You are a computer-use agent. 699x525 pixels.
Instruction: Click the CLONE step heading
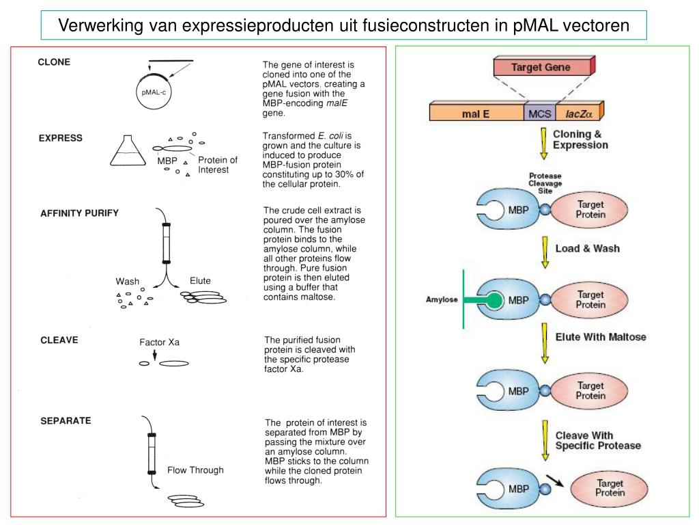pos(54,62)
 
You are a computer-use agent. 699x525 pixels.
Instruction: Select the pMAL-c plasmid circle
pos(154,92)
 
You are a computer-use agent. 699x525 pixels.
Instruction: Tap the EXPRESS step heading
pos(60,138)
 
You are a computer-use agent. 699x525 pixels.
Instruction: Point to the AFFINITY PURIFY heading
pos(79,213)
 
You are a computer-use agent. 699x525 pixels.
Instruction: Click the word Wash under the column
pos(127,282)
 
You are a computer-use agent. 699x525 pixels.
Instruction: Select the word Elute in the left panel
pos(200,281)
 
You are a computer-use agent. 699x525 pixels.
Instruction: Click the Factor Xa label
pos(159,342)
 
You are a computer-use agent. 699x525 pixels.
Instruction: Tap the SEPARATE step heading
pos(66,420)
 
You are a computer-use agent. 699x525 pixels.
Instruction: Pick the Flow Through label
pos(195,470)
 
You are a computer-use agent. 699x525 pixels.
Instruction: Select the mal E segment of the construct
pos(476,113)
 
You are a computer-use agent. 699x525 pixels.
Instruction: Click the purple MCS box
pos(539,113)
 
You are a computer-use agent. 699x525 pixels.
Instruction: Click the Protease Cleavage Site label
pos(545,183)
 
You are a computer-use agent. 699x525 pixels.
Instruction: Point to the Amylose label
pos(442,299)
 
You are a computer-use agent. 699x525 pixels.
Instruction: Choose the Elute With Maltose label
pos(600,337)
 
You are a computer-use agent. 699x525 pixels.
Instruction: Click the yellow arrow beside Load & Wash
pos(545,252)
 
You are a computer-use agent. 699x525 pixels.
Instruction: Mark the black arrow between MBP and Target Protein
pos(554,481)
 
